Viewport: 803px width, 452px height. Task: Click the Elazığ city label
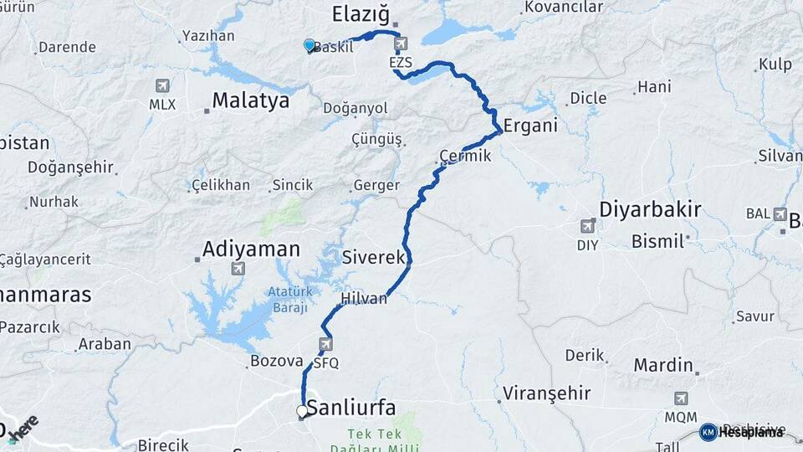[x=361, y=13]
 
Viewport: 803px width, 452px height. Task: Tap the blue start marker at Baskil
[x=309, y=45]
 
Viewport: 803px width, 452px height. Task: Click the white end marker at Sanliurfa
[x=302, y=411]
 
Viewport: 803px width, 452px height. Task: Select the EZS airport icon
[x=401, y=44]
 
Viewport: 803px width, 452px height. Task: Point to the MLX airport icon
[x=162, y=86]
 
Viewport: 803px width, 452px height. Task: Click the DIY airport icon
[x=587, y=226]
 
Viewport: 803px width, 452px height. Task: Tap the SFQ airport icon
[x=325, y=344]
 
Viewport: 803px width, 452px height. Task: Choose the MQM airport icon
[x=681, y=398]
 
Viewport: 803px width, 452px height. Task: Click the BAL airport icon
[x=780, y=213]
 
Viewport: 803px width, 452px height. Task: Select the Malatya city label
[x=250, y=101]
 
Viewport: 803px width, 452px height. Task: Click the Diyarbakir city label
[x=651, y=209]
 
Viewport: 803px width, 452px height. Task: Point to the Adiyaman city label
[x=251, y=249]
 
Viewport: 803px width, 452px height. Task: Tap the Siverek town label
[x=374, y=259]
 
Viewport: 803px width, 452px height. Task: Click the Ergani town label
[x=530, y=127]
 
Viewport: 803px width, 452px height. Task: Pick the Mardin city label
[x=663, y=365]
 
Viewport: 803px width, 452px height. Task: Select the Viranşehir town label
[x=547, y=393]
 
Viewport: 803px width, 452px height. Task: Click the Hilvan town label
[x=364, y=299]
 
